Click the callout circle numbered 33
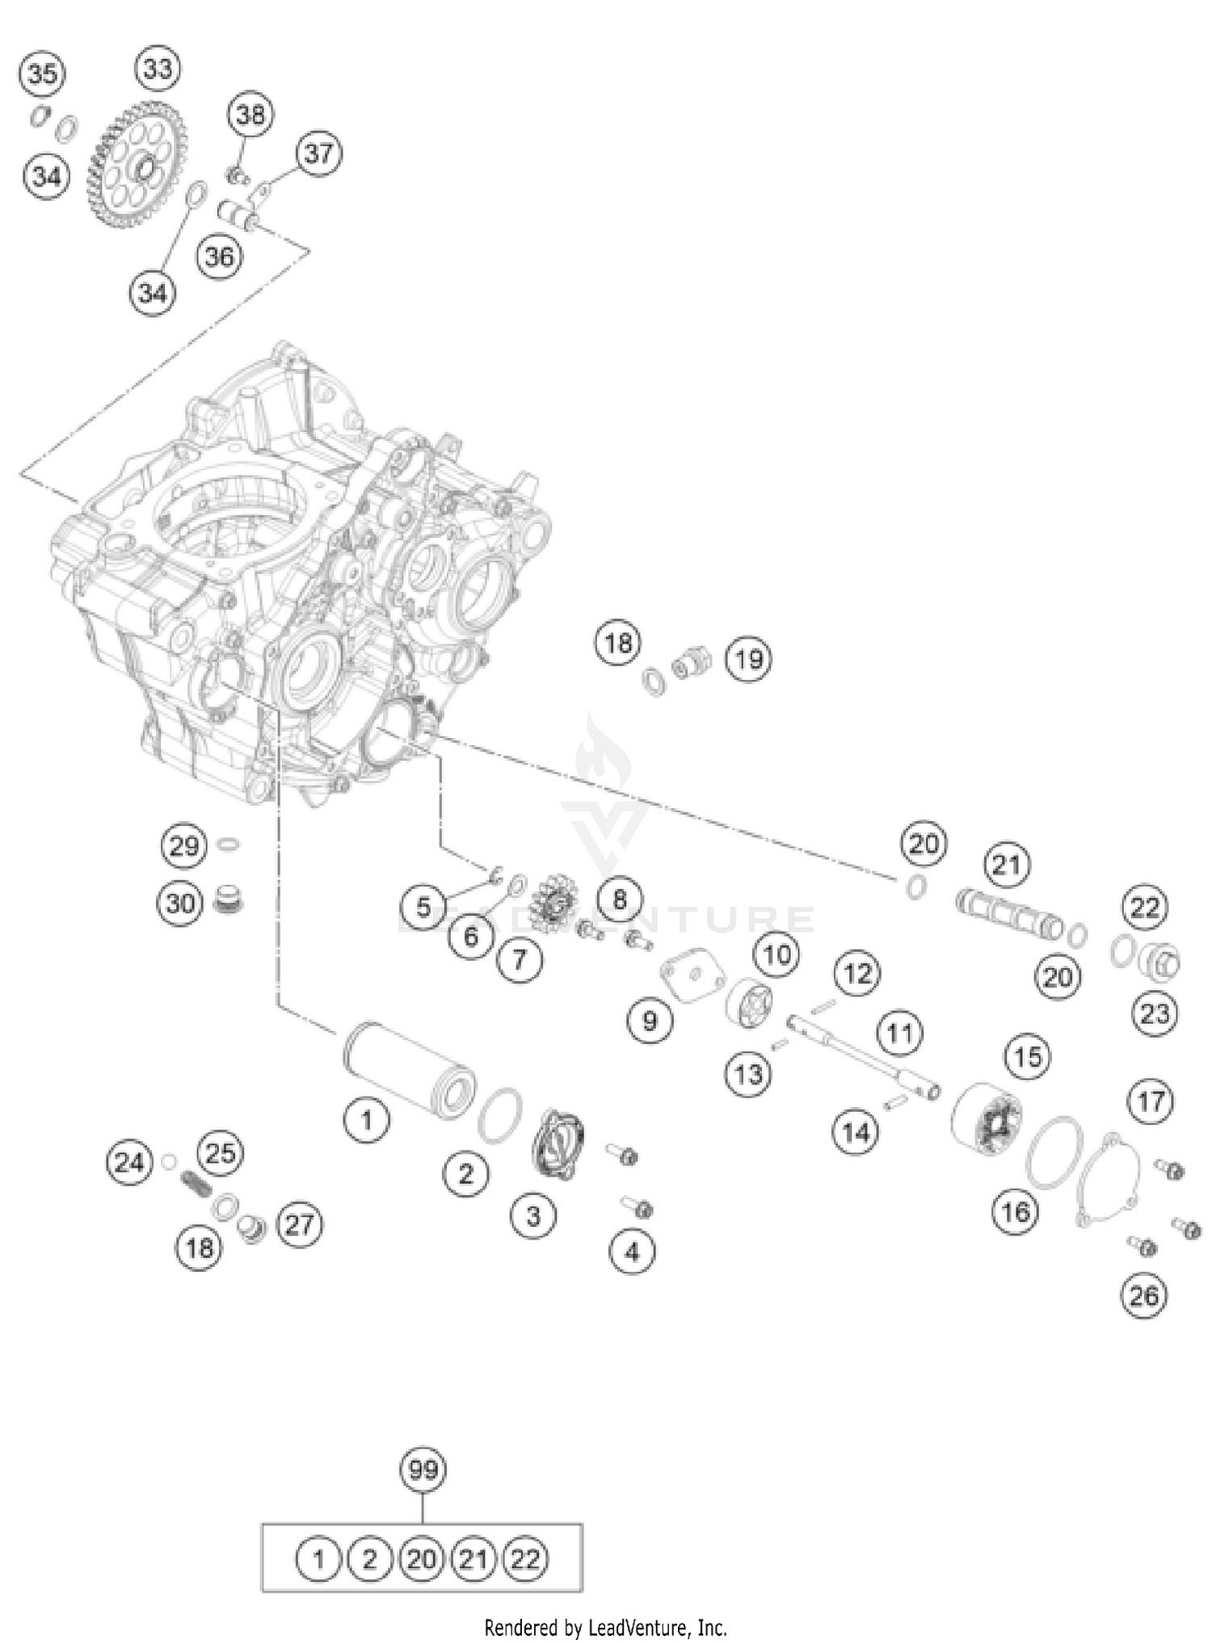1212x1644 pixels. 158,69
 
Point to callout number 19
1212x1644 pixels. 748,660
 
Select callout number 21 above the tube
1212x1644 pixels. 1006,866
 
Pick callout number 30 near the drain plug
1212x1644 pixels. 180,903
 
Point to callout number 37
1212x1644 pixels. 318,153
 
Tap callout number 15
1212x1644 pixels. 1028,1057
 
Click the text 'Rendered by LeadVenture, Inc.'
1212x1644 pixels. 605,1627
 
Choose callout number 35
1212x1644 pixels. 42,75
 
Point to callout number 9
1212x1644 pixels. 650,1021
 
